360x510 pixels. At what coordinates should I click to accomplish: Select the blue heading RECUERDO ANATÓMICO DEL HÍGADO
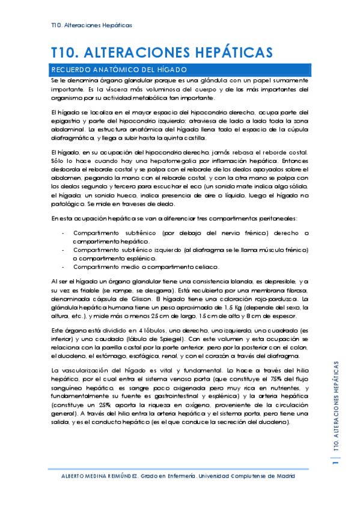[x=120, y=69]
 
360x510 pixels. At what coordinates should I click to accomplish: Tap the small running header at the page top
[x=91, y=25]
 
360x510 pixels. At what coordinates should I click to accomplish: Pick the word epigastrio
[x=68, y=120]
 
